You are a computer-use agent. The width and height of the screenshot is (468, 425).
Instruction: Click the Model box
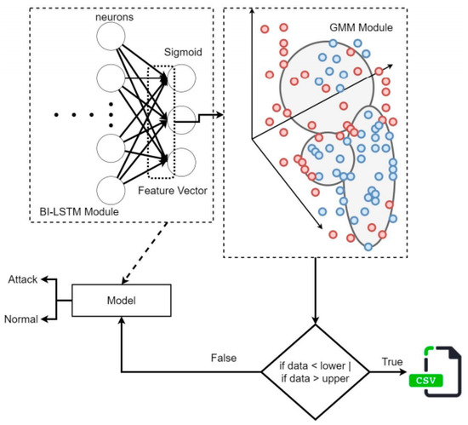121,300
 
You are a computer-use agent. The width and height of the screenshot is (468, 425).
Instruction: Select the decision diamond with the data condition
315,372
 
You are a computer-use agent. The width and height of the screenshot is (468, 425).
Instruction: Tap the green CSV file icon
435,372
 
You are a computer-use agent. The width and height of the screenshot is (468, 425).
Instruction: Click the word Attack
23,279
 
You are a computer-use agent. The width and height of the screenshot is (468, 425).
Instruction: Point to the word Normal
21,319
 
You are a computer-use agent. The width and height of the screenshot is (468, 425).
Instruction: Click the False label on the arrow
224,358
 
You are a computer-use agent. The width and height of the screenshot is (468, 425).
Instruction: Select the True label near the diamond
392,362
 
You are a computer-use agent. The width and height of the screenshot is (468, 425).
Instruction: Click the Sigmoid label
183,52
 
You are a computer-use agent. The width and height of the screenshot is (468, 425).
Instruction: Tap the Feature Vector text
173,191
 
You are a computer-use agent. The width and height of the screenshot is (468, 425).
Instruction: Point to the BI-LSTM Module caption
79,212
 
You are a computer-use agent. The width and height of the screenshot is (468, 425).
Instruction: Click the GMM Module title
361,27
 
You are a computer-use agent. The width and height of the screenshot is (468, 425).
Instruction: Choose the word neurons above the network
114,17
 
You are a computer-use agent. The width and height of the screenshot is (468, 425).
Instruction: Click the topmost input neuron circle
111,36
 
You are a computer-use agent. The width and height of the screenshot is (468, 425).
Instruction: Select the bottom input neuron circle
111,190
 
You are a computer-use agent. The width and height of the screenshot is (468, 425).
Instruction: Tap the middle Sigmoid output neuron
181,120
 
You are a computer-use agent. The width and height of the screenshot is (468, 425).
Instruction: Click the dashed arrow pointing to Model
145,253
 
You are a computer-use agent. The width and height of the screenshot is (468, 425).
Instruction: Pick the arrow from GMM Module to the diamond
315,291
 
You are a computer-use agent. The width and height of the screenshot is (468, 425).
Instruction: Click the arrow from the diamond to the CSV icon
388,372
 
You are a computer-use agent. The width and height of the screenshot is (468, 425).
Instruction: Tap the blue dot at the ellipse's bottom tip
368,247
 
